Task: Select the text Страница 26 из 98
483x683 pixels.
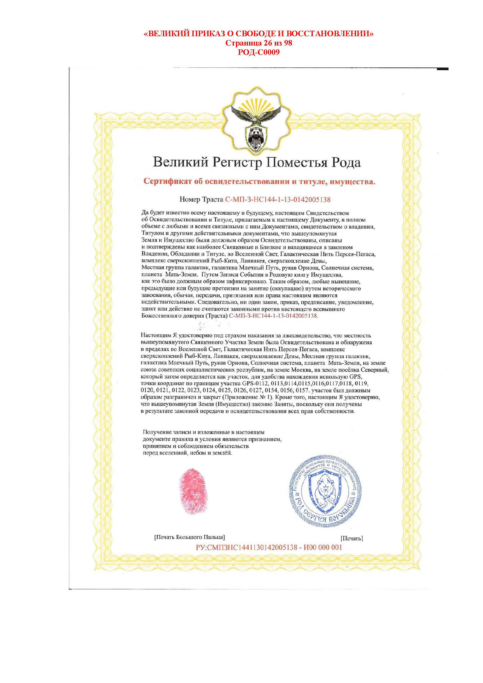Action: coord(259,43)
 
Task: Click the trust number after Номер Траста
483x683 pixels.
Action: coord(278,199)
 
